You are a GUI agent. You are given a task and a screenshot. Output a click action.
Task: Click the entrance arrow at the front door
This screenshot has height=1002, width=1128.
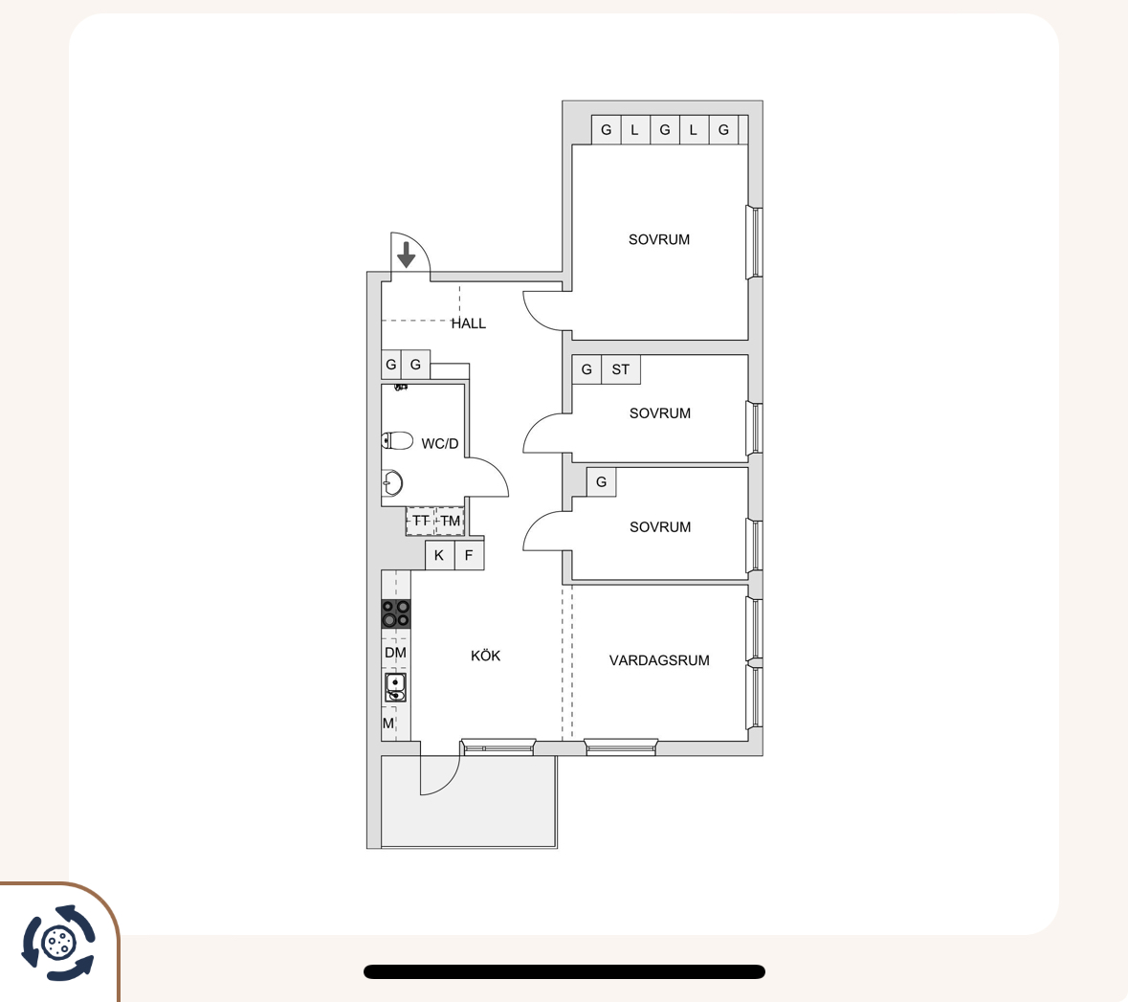point(407,255)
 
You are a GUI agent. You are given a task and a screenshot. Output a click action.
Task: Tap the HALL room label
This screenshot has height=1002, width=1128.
point(468,323)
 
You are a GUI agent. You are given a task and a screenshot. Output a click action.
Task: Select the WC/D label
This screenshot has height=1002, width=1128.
point(439,443)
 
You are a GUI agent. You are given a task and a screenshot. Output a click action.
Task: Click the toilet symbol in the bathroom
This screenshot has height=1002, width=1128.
point(397,440)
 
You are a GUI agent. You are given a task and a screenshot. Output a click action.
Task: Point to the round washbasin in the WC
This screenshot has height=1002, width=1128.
point(392,483)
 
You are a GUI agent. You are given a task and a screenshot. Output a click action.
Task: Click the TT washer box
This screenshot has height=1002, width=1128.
point(421,521)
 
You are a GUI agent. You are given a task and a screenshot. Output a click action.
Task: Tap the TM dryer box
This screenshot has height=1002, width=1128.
point(451,521)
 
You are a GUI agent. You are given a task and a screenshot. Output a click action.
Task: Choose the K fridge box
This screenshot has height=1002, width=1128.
point(439,555)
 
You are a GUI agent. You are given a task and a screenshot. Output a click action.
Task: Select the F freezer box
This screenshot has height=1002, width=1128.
point(469,555)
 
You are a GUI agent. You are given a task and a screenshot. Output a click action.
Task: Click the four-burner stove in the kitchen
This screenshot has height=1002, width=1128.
point(396,614)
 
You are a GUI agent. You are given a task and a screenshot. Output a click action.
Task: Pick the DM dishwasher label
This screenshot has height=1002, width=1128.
point(396,653)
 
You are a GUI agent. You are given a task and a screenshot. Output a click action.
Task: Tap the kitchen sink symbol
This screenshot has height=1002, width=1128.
point(395,687)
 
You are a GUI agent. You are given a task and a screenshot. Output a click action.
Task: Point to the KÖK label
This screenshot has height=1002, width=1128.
point(486,656)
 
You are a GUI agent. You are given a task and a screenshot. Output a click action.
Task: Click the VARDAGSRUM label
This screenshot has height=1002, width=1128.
point(659,660)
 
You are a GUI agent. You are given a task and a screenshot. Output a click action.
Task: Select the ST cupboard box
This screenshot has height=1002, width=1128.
point(621,369)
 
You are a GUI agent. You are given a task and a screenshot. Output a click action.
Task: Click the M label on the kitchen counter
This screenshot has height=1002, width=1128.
point(388,724)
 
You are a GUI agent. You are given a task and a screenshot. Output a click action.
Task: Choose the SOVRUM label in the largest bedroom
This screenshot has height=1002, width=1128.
point(659,239)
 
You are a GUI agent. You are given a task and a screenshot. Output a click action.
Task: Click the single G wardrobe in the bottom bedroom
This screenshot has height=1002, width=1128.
point(602,481)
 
